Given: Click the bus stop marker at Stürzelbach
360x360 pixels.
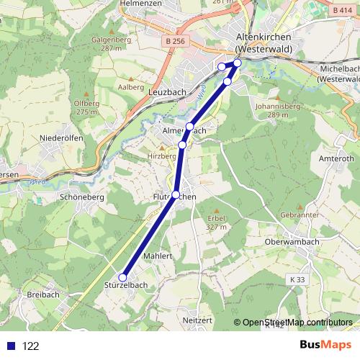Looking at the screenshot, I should coord(123,277).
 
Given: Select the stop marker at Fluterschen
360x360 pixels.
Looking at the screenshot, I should coord(176,194).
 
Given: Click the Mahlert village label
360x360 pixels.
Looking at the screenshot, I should coord(158,256).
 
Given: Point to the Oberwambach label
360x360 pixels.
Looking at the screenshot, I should coord(292,242).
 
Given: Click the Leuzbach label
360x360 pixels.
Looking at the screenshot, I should coord(166,93).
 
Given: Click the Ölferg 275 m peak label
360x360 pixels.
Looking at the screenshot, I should coord(86,107).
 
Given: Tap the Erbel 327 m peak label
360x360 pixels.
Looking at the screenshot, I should coord(216,222).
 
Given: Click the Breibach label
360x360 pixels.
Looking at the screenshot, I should coord(42,295).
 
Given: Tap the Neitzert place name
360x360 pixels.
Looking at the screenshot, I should coord(199,319).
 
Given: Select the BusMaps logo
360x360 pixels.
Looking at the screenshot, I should coord(324,345).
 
